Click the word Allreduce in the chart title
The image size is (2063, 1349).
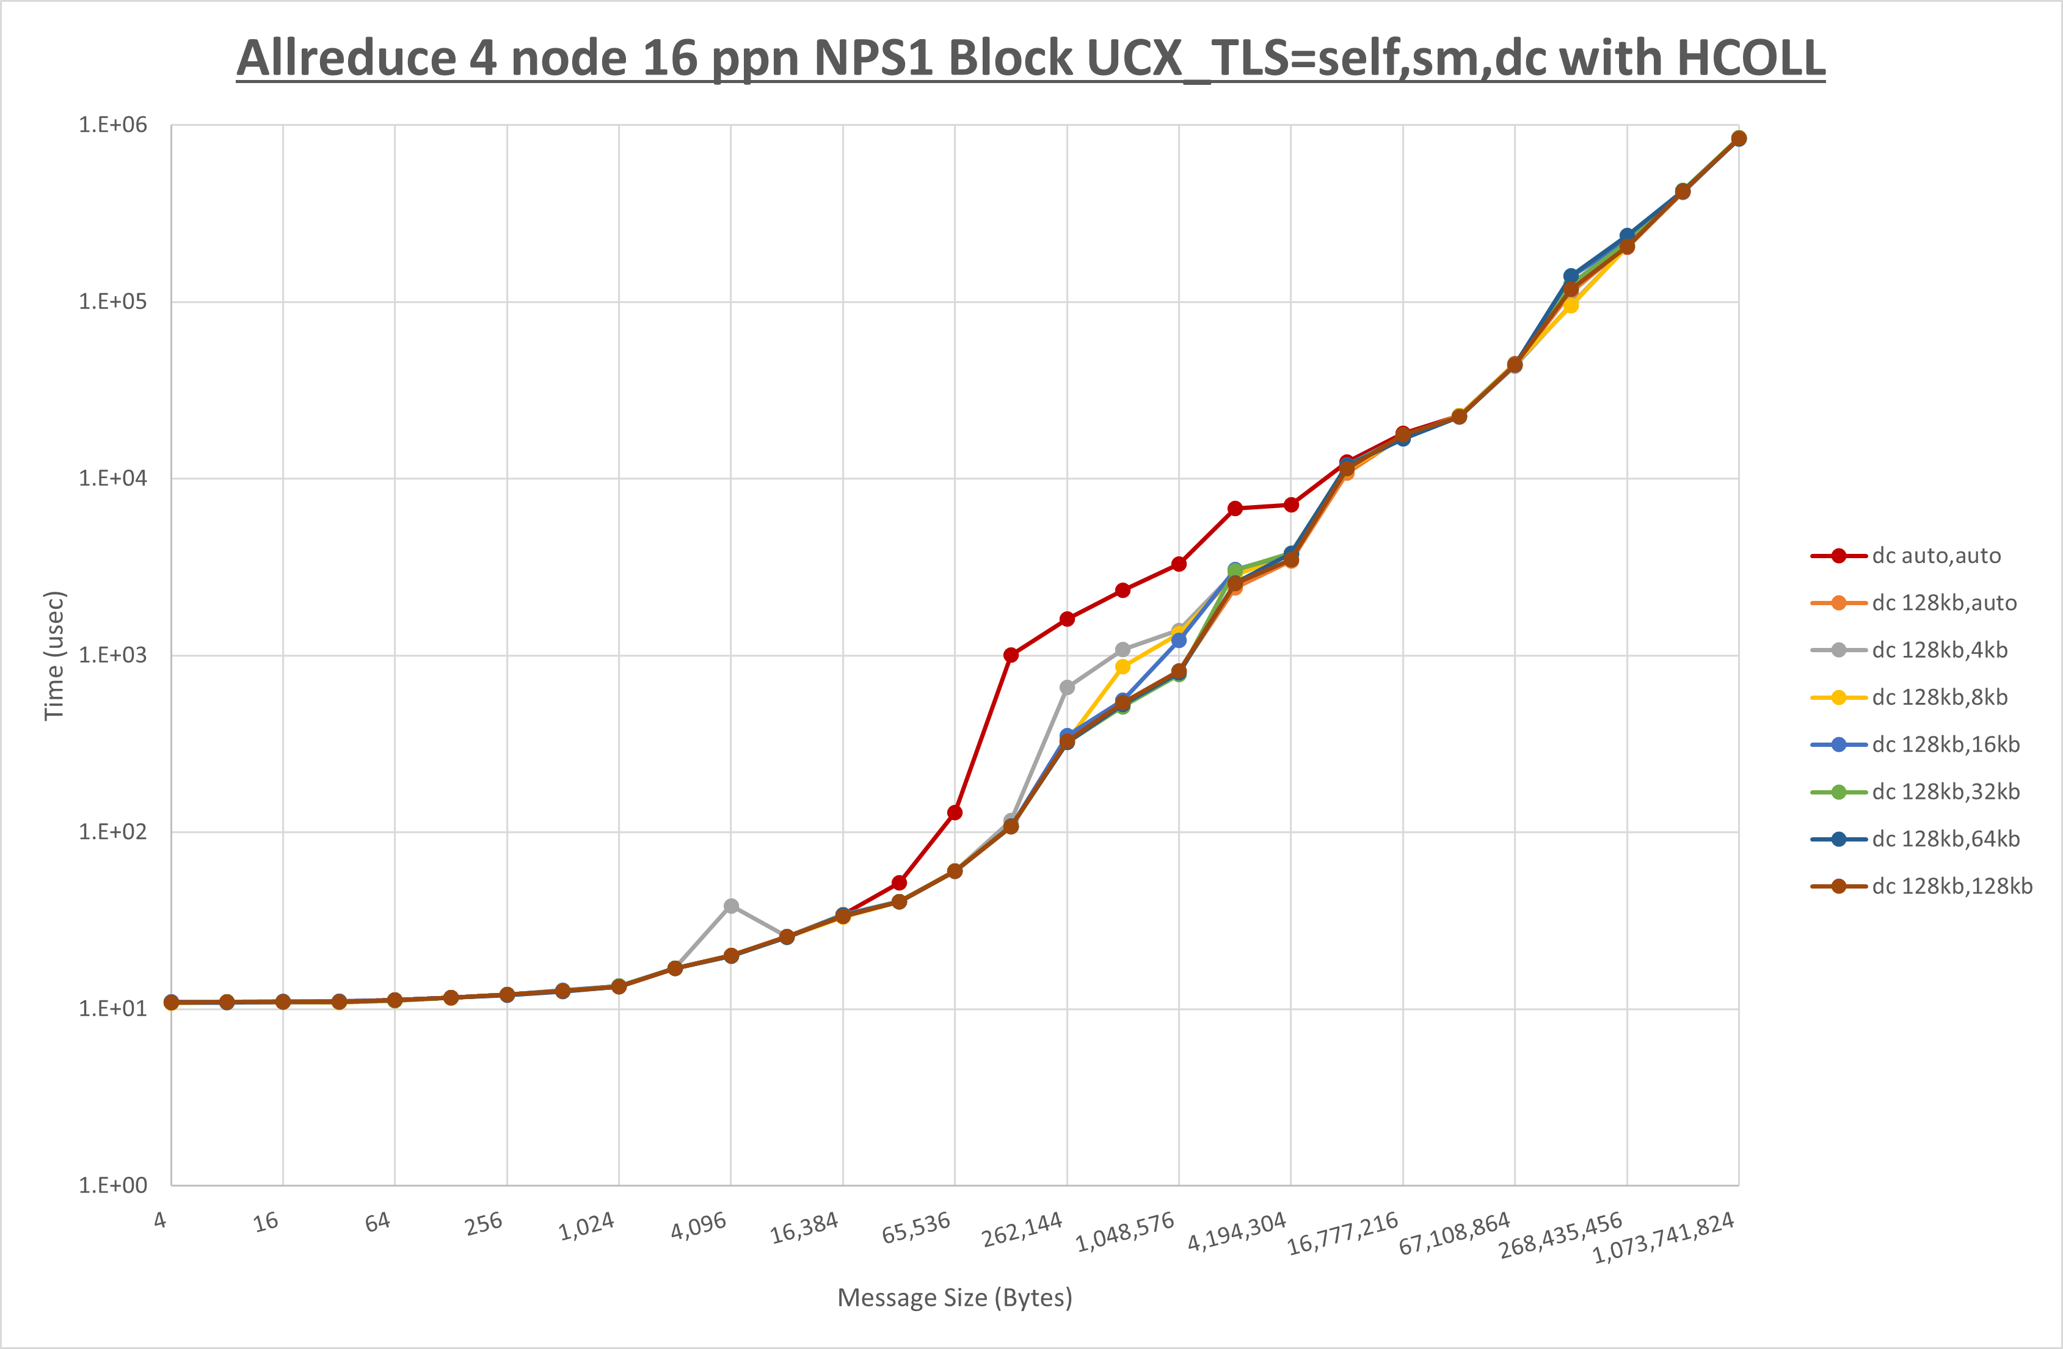347,59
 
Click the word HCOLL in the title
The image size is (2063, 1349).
1750,59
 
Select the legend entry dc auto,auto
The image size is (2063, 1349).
1935,556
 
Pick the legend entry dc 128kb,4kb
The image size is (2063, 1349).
1939,650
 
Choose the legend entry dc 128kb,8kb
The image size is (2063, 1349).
1939,697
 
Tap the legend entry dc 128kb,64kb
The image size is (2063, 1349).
1945,839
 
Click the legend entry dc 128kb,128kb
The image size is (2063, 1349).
1951,886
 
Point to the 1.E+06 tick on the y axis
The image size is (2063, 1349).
113,125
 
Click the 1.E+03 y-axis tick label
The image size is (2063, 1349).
113,655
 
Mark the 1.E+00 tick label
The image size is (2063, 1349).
113,1185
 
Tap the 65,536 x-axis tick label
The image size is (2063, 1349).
916,1227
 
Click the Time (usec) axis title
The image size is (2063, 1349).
54,655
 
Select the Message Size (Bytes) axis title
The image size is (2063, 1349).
955,1298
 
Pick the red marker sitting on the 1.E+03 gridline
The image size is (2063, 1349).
1011,655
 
